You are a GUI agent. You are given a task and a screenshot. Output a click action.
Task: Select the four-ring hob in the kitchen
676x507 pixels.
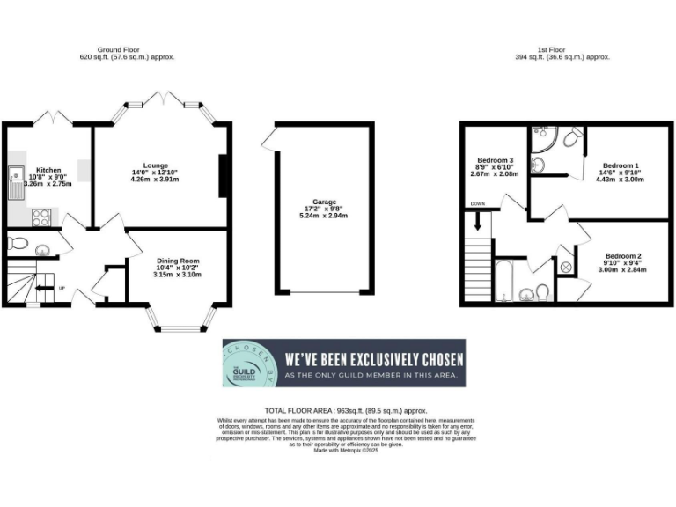40,215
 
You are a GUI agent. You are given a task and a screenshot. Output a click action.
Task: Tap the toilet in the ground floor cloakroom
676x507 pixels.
18,245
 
